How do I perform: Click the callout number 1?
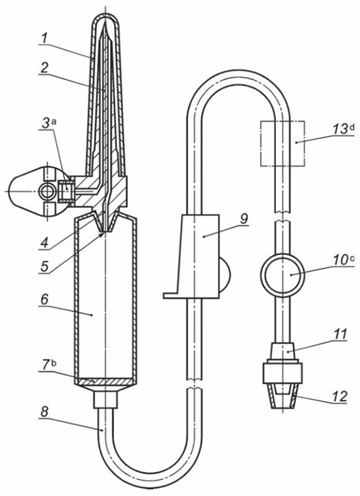[45, 39]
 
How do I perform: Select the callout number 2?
[45, 67]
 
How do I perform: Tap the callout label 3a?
[49, 123]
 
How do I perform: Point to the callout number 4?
[45, 243]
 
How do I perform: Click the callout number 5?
[45, 266]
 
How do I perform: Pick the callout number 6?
[45, 300]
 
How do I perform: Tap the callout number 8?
[45, 411]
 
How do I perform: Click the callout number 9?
[244, 218]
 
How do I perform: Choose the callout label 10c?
[343, 260]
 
